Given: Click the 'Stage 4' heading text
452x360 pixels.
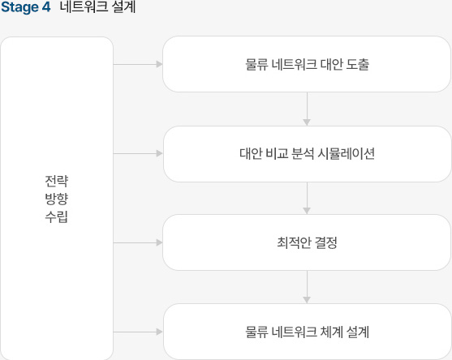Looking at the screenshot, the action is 26,7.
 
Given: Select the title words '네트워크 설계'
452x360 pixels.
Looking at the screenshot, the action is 97,6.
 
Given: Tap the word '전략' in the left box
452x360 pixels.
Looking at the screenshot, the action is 57,181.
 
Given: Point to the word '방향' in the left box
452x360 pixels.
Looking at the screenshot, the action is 57,199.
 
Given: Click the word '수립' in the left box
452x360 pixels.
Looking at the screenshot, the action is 57,216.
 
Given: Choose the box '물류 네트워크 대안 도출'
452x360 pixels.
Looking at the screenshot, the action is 307,64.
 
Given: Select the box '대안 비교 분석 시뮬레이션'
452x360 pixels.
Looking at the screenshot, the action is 308,154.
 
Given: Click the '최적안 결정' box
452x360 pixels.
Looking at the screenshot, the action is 307,242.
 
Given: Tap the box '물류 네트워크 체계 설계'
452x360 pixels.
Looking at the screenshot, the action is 308,332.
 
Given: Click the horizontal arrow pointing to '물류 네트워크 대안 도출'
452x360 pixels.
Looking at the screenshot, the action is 138,64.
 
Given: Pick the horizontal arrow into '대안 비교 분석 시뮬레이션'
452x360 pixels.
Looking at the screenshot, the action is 138,153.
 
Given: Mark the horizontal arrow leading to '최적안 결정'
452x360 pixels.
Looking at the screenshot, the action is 138,242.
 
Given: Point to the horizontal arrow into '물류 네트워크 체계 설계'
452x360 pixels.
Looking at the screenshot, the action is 138,332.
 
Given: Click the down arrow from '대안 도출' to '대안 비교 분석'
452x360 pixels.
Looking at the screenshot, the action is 307,109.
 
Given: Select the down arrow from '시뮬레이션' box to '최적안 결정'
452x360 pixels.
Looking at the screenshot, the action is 307,199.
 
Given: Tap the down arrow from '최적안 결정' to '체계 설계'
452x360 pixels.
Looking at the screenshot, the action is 307,287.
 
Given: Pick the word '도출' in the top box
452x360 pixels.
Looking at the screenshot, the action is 357,64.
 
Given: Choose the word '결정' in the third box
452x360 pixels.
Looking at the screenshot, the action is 325,242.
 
